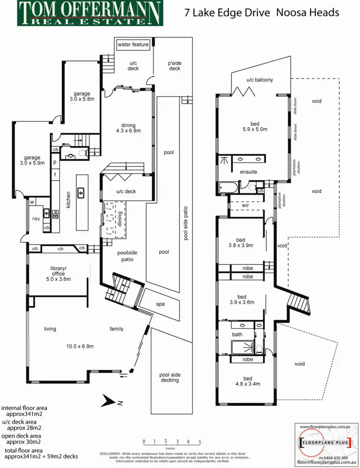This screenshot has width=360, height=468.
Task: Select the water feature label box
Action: [133, 45]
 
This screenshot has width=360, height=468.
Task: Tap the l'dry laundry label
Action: [35, 220]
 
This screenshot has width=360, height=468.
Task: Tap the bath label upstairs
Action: [237, 335]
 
